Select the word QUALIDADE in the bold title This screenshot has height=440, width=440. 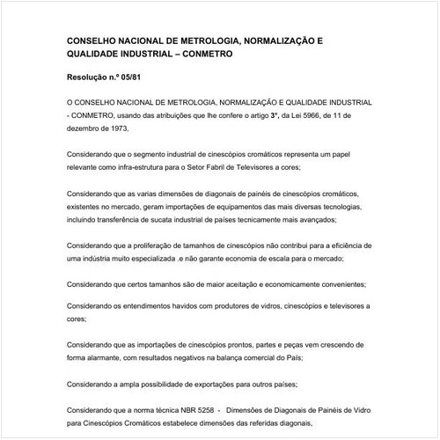pyautogui.click(x=101, y=55)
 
